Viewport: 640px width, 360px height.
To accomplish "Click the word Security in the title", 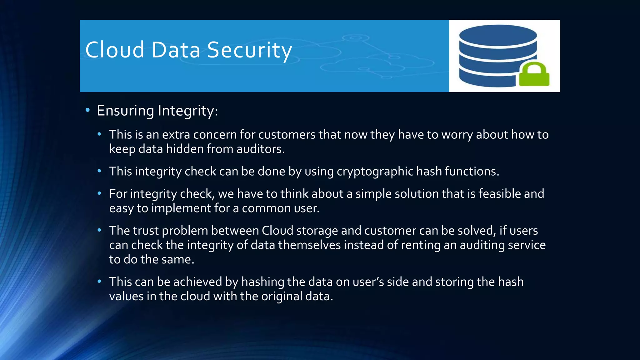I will pos(249,50).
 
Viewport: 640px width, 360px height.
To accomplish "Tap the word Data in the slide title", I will pos(176,50).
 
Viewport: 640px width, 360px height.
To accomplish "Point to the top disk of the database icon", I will pos(498,36).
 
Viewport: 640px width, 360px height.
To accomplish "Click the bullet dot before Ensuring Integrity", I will pos(88,110).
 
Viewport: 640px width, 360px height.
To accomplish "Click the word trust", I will pos(146,231).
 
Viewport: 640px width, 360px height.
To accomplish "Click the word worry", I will pos(457,135).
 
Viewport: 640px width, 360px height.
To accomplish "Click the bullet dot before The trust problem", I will pos(99,230).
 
